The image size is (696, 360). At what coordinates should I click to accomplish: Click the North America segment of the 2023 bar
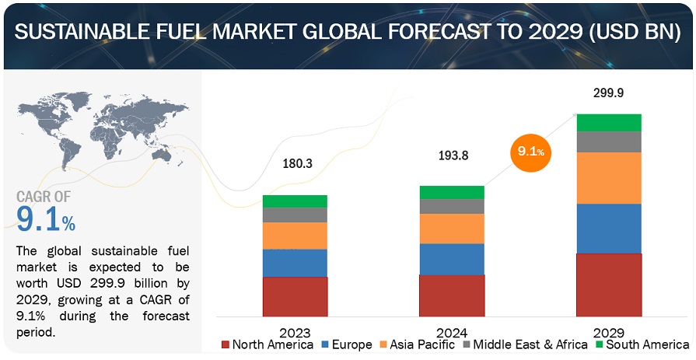[x=295, y=296]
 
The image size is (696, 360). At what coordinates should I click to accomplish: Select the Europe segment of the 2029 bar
[x=609, y=229]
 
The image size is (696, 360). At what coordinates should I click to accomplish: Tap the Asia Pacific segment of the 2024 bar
[x=452, y=229]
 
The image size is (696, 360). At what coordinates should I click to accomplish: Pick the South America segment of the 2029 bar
[x=609, y=122]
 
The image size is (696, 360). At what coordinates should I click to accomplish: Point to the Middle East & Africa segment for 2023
[x=295, y=215]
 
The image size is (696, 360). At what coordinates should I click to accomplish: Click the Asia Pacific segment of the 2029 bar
[x=609, y=178]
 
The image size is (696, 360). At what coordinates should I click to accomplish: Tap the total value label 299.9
[x=608, y=93]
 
